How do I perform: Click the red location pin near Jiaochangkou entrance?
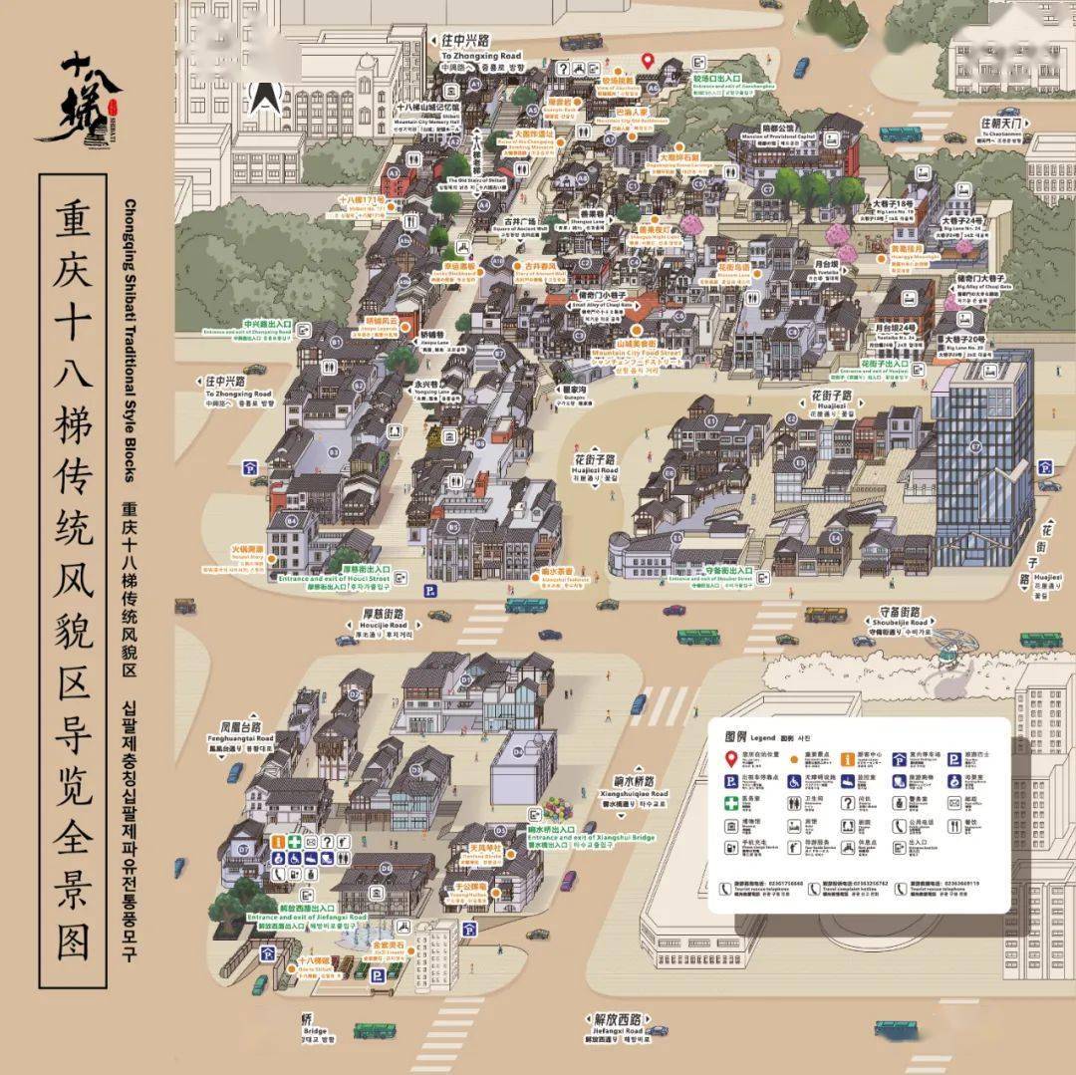[647, 61]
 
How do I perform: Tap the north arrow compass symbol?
[263, 95]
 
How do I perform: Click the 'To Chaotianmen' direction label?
[1001, 132]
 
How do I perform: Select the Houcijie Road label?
[384, 625]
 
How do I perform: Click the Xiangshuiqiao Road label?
[634, 793]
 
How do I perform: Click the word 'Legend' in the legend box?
[762, 737]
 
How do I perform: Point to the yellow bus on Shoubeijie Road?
[825, 615]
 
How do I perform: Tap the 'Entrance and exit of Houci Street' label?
[334, 578]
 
